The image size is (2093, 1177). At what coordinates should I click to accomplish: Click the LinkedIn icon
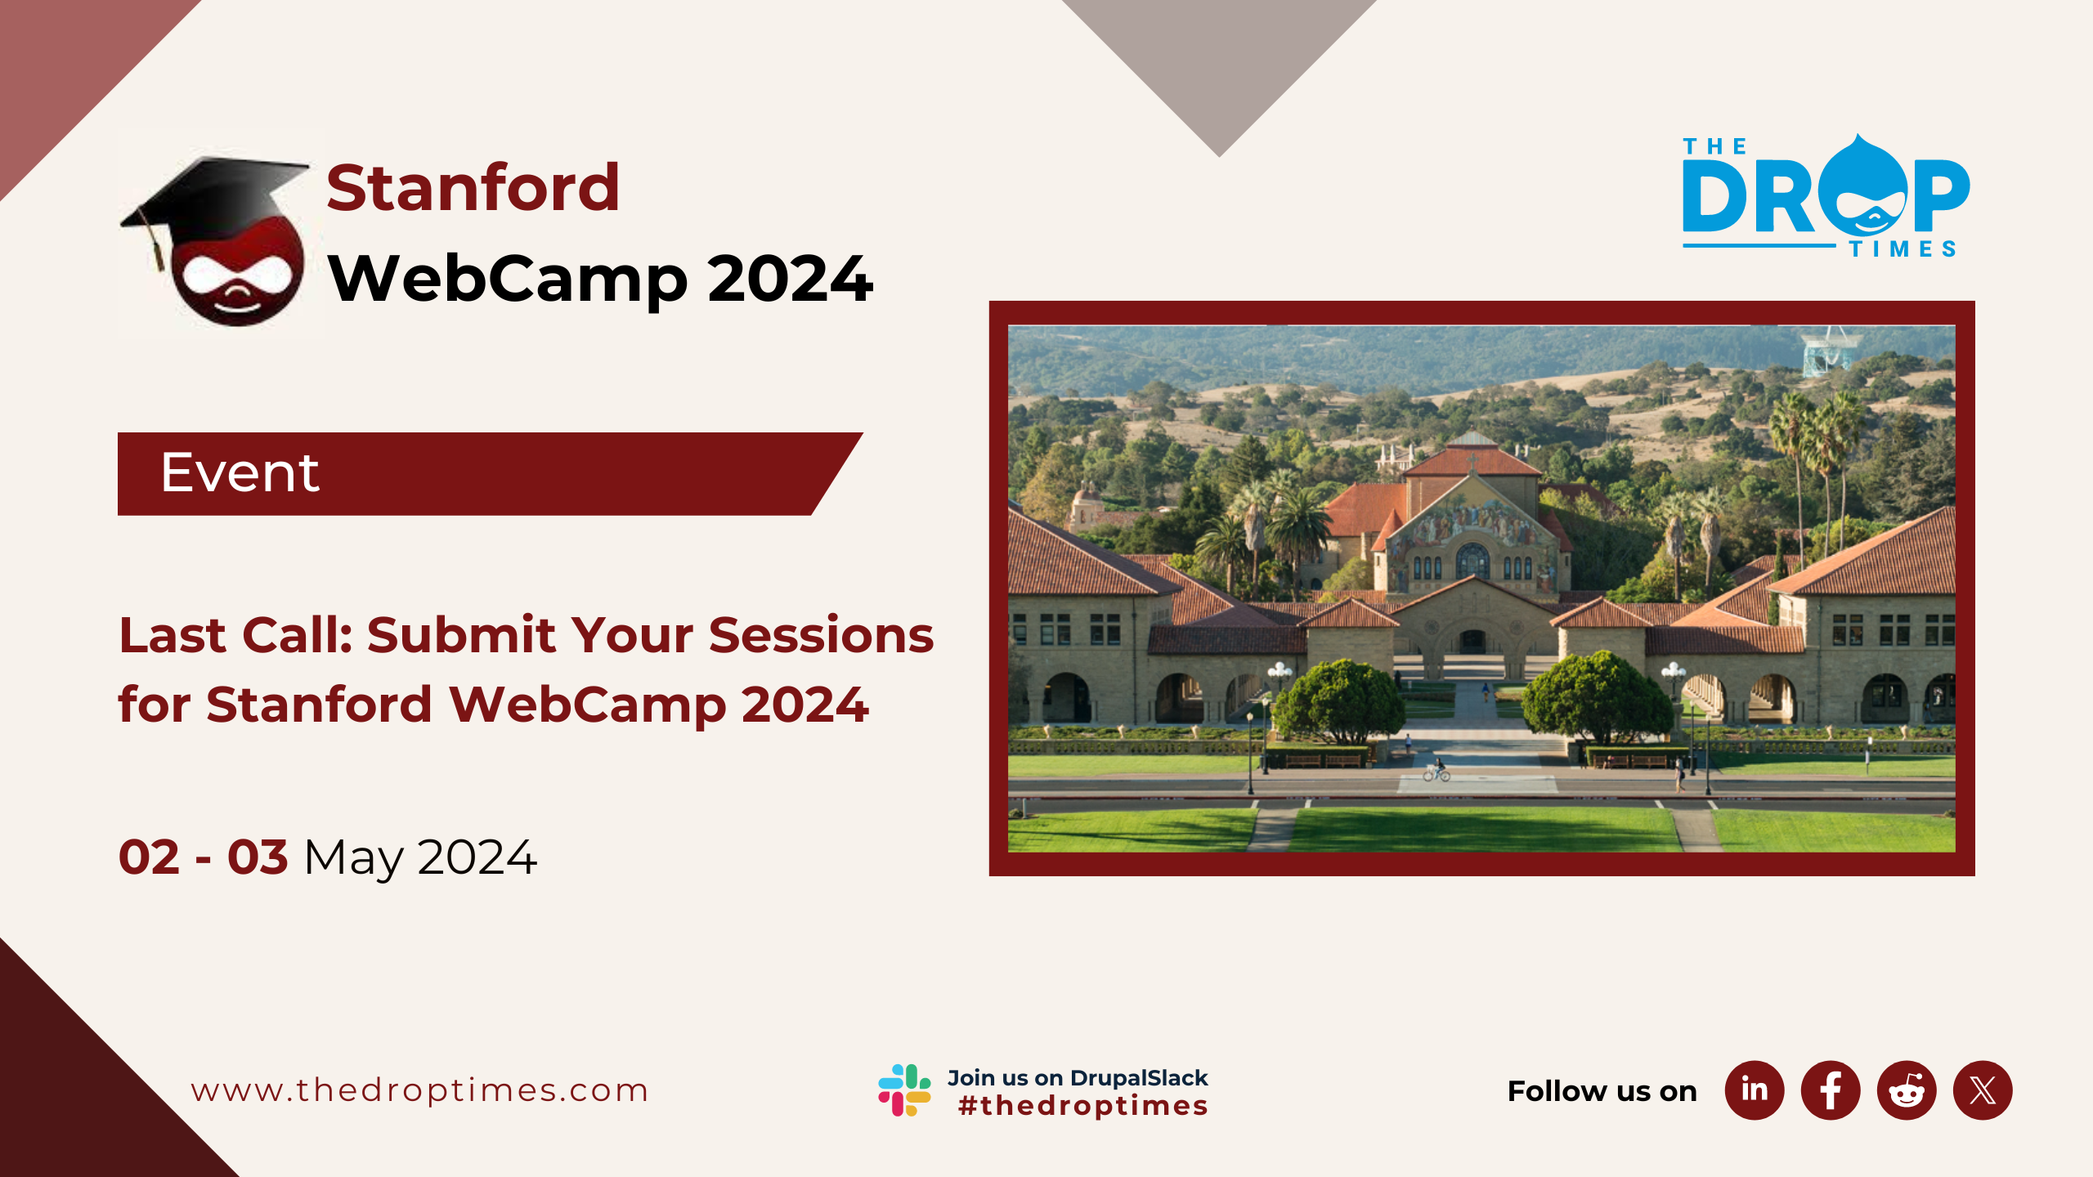tap(1755, 1090)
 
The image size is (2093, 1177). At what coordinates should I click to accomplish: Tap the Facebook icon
tap(1831, 1090)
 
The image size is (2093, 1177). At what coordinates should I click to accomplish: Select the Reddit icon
tap(1907, 1090)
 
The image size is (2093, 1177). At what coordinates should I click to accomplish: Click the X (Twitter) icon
tap(1983, 1090)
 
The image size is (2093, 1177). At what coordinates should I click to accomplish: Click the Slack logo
tap(904, 1090)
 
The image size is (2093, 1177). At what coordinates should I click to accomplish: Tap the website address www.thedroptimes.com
tap(419, 1090)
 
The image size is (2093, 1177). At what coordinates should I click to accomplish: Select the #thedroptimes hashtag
tap(1083, 1106)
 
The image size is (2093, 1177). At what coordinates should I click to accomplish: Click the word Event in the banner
tap(240, 472)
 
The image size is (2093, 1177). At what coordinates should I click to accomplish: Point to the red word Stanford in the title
tap(473, 188)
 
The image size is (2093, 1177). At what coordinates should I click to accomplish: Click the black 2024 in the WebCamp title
tap(791, 279)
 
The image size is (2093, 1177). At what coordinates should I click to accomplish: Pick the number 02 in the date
tap(149, 857)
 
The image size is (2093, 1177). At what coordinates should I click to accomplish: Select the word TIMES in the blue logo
tap(1903, 249)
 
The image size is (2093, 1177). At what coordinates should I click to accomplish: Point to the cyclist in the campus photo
tap(1436, 770)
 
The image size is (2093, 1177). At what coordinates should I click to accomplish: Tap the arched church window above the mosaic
tap(1472, 561)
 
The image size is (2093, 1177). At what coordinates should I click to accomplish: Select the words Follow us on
tap(1602, 1091)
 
